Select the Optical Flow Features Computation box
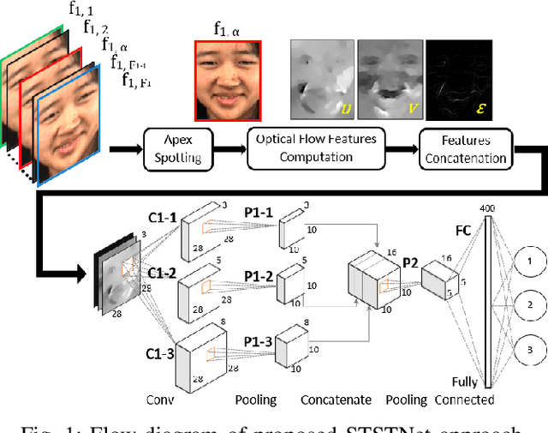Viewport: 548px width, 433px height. tap(311, 148)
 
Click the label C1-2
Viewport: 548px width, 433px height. tap(163, 274)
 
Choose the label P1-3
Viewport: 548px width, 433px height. tap(258, 342)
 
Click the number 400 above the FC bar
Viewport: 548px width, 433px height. tap(488, 209)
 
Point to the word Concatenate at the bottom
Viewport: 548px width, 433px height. tap(336, 400)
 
